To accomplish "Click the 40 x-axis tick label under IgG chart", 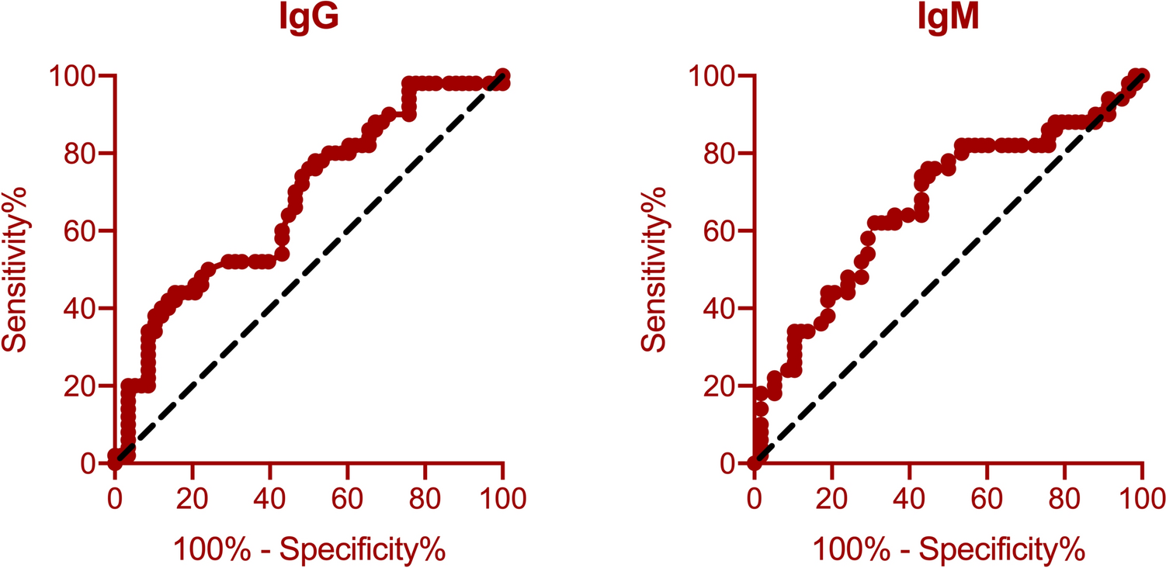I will click(x=269, y=494).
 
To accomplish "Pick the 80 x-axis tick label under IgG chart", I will click(x=425, y=494).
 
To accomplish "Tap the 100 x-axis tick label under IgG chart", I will click(x=502, y=494).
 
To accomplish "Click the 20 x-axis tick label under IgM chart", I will click(x=831, y=494).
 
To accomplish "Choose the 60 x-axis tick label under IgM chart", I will click(x=987, y=494).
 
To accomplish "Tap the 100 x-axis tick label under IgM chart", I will click(x=1141, y=494).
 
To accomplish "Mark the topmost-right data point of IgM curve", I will click(x=1140, y=76).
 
